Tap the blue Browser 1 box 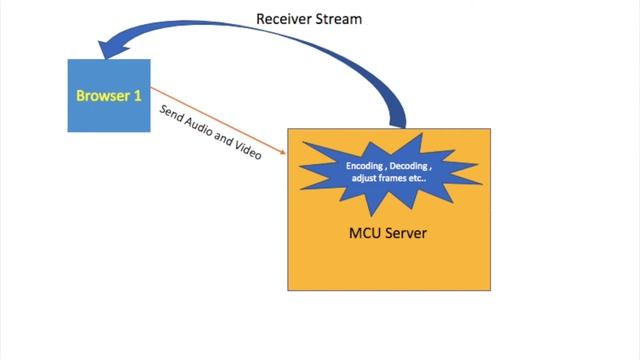click(108, 96)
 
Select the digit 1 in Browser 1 click(138, 96)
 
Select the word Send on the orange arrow click(172, 112)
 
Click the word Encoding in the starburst click(367, 165)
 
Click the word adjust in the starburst click(367, 179)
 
